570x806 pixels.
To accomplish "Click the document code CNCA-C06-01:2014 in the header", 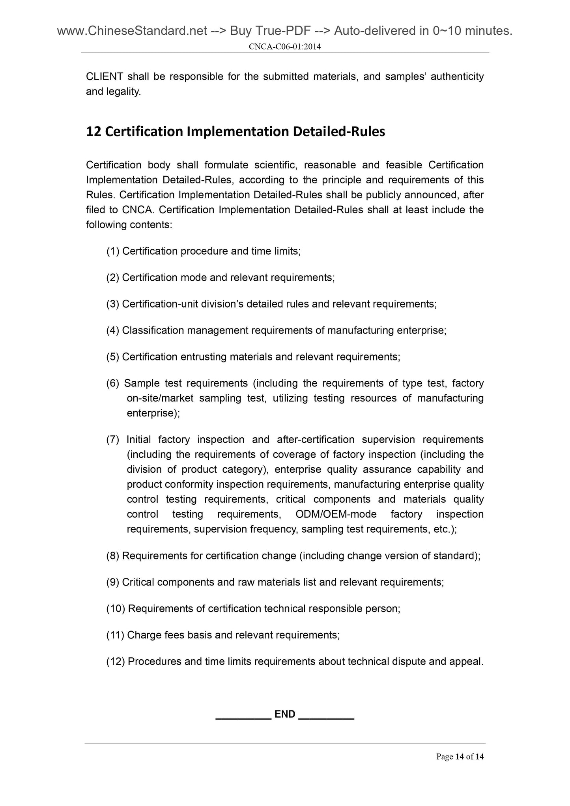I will (285, 47).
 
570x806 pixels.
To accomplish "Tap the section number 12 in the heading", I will (93, 131).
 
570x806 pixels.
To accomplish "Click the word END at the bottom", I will (285, 714).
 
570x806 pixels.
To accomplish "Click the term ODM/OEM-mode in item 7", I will (335, 514).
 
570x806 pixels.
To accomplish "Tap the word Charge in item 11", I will (142, 635).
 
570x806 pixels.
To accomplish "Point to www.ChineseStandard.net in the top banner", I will (132, 31).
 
